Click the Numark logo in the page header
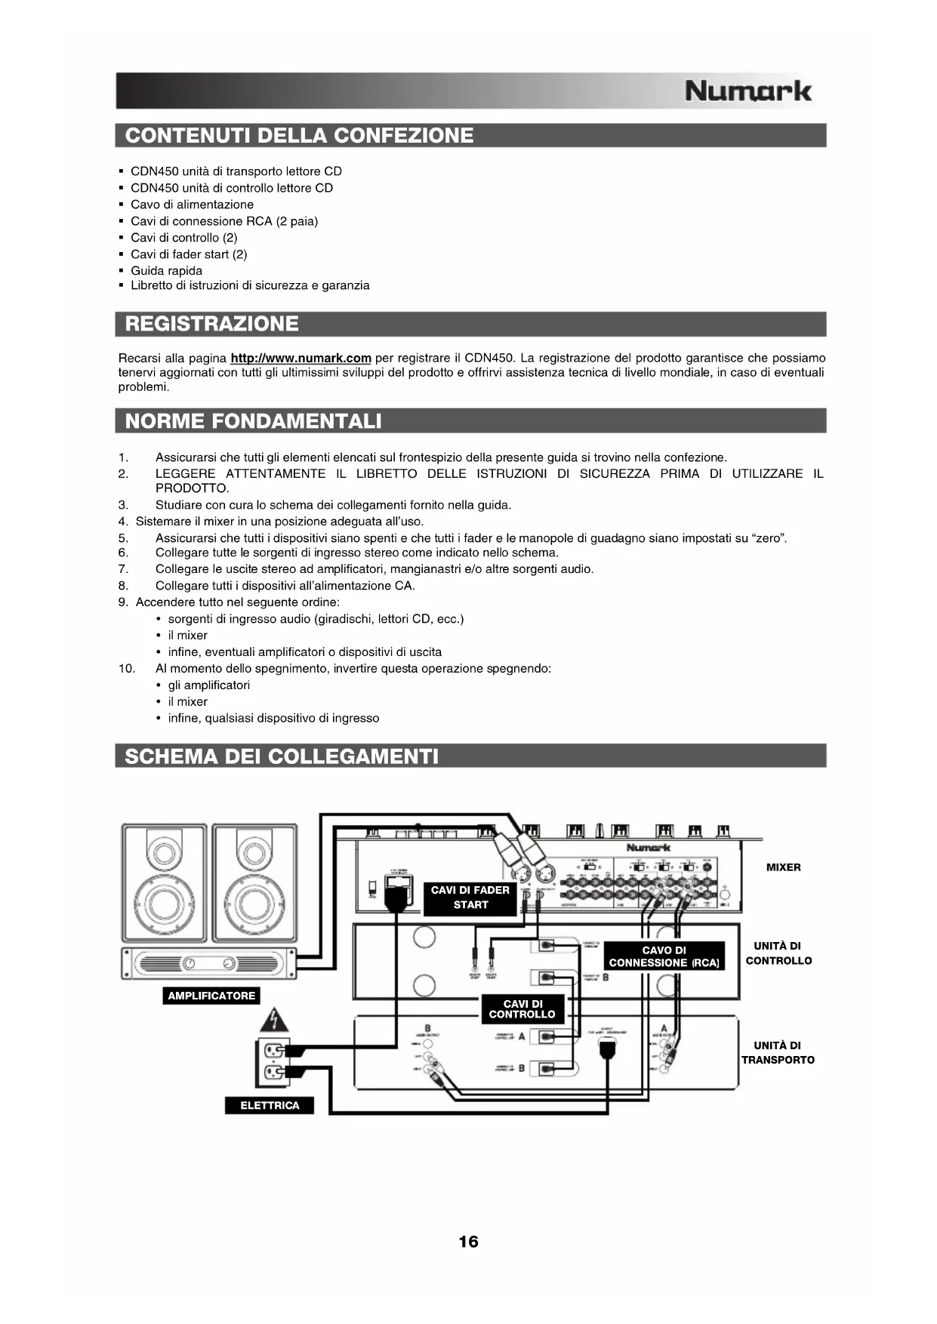[x=747, y=91]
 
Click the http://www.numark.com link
[x=301, y=358]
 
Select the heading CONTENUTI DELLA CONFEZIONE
[x=300, y=136]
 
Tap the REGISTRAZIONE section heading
[x=212, y=324]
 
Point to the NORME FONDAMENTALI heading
[x=254, y=420]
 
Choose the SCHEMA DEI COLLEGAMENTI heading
[x=282, y=756]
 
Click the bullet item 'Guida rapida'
[x=166, y=270]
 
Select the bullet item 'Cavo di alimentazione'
[x=192, y=205]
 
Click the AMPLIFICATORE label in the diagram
[x=211, y=996]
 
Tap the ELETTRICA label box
[x=270, y=1105]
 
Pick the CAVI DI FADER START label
[x=470, y=898]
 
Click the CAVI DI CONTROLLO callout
[x=522, y=1009]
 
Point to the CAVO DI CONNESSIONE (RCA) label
[x=664, y=956]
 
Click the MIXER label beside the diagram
[x=783, y=867]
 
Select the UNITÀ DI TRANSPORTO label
[x=778, y=1052]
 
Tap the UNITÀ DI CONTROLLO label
[x=778, y=953]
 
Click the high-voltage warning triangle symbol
[x=274, y=1021]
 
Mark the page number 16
[x=468, y=1242]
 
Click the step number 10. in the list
[x=126, y=668]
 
